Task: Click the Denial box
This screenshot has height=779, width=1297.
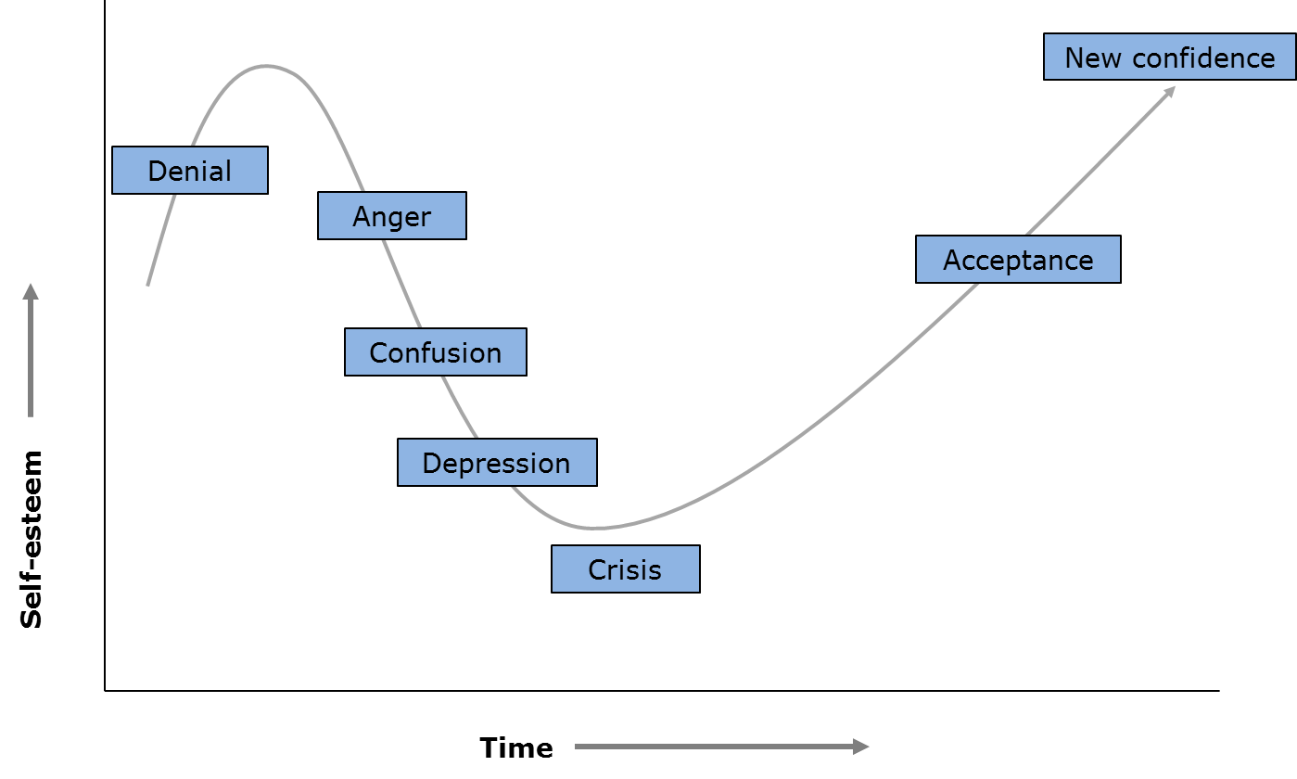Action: (x=190, y=171)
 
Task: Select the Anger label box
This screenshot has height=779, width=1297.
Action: (x=392, y=216)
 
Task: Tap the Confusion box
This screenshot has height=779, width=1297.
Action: (x=436, y=352)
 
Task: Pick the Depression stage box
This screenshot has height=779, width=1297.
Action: (x=497, y=463)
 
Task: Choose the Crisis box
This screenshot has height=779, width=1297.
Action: (x=626, y=568)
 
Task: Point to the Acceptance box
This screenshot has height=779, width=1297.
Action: (x=1018, y=260)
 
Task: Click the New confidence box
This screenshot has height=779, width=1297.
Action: (x=1169, y=57)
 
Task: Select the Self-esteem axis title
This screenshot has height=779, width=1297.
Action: (x=32, y=540)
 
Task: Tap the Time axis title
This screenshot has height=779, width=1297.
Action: (x=516, y=747)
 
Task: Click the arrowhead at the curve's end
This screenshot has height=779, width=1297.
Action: (x=1171, y=90)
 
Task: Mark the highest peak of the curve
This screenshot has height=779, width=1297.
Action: (x=267, y=66)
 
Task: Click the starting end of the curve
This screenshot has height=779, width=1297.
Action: (x=147, y=285)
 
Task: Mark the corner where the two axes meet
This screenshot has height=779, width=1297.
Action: (x=105, y=690)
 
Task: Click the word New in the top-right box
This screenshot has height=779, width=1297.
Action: (x=1094, y=57)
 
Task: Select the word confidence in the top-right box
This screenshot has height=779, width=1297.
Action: (x=1203, y=57)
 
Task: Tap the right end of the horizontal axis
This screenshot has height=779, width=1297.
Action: (x=1218, y=690)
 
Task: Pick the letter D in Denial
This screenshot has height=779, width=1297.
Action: (x=157, y=171)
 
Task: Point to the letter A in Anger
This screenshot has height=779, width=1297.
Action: (x=361, y=216)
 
